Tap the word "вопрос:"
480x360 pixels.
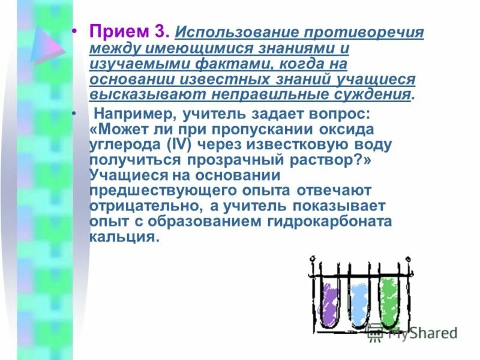[328, 113]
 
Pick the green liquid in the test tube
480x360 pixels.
[389, 303]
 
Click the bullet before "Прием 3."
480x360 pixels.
[75, 31]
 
